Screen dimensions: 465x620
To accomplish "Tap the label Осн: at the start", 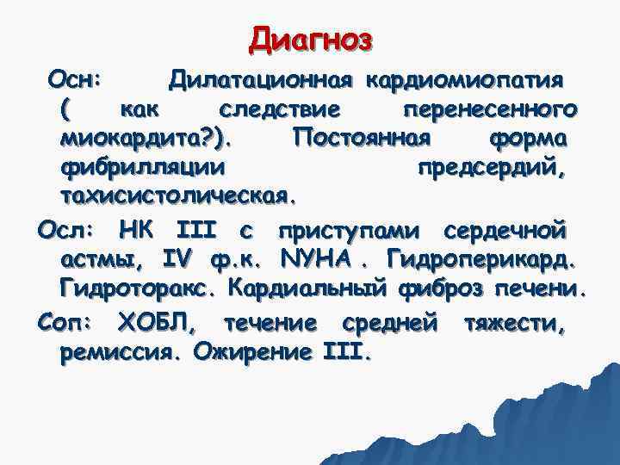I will point(76,80).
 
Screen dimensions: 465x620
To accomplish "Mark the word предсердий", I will point(491,166).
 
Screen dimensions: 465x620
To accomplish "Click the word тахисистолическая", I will point(178,195).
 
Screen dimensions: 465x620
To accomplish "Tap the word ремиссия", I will point(121,352).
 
